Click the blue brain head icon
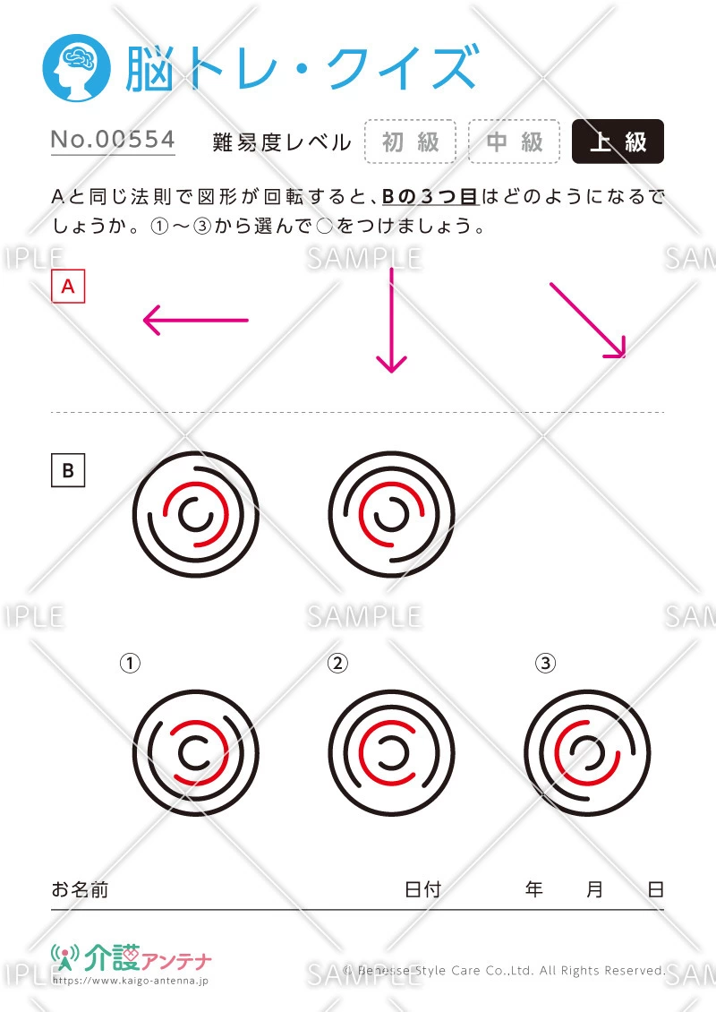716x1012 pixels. tap(77, 68)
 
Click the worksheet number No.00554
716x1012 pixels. tap(113, 140)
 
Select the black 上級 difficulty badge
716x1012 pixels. tap(618, 142)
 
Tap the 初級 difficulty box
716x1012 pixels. tap(410, 142)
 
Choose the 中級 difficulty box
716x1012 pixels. tap(514, 142)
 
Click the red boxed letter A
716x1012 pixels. tap(68, 286)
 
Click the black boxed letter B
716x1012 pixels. tap(68, 470)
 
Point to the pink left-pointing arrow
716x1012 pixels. tap(195, 320)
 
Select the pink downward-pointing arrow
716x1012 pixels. tap(391, 320)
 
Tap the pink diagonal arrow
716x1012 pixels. tap(588, 320)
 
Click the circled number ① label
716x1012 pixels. tap(130, 663)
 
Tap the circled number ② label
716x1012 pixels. tap(337, 663)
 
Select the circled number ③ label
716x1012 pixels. tap(545, 663)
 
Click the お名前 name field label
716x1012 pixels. tap(80, 889)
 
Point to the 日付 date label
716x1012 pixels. tap(422, 889)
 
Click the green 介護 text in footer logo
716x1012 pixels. tap(112, 957)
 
